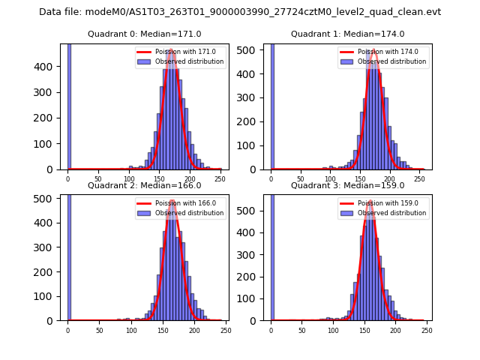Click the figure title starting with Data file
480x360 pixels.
point(240,12)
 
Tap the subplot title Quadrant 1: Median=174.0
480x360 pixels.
point(347,34)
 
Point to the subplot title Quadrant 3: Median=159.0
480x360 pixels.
point(347,185)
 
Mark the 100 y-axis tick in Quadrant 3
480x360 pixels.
point(251,299)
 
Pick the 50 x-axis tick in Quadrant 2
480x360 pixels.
point(99,330)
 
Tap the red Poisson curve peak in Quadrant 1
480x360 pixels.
point(373,50)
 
